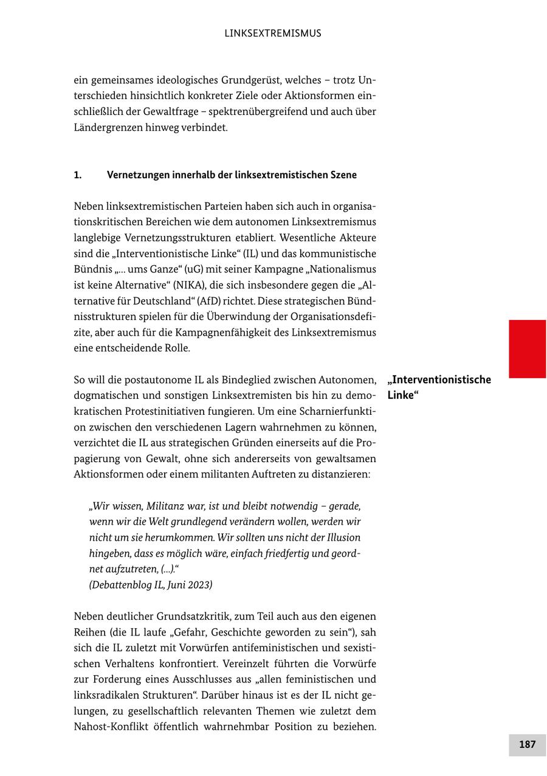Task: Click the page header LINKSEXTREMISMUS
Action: click(273, 33)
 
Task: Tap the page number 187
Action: click(527, 744)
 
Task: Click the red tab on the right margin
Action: click(527, 348)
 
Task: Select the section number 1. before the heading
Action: click(78, 175)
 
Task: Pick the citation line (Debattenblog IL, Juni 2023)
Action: click(151, 585)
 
